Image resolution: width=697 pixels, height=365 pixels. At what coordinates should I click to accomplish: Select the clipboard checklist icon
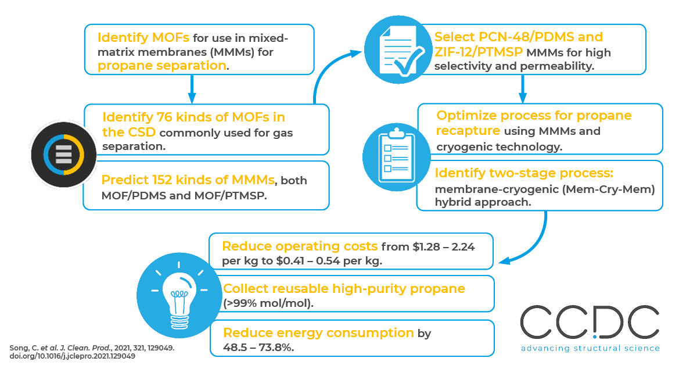pos(393,156)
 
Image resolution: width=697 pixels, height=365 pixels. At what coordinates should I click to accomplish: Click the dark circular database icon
pos(57,154)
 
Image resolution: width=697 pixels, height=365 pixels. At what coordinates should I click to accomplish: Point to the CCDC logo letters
pos(590,323)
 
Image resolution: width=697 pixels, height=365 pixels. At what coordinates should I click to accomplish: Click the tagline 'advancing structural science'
pos(590,348)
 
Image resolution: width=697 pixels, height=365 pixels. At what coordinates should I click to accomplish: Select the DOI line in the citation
pos(73,356)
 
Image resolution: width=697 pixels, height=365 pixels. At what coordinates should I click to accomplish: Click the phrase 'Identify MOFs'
pos(143,38)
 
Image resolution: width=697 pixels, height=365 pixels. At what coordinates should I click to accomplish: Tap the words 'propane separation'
pos(161,65)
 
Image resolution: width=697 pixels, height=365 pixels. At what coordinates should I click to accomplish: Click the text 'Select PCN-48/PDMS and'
pos(519,38)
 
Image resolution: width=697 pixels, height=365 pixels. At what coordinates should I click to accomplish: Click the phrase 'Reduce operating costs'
pos(299,246)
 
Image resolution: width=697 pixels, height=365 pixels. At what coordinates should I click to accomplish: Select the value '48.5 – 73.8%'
pos(258,348)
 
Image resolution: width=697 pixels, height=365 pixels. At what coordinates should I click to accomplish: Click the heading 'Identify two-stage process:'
pos(524,173)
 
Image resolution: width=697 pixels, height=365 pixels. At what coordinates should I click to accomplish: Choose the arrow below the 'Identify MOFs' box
pos(191,88)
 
